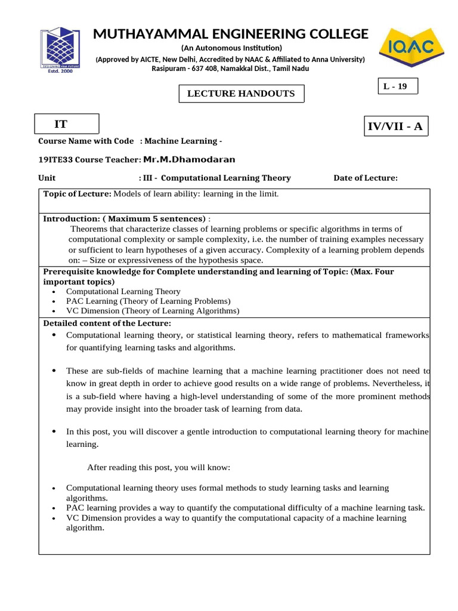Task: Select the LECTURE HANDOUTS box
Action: pos(242,94)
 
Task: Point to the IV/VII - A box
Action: pos(396,126)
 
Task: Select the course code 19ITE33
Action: pos(55,159)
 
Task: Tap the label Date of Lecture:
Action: pos(365,178)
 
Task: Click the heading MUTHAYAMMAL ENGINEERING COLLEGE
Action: pos(231,34)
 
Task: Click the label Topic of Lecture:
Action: pos(77,194)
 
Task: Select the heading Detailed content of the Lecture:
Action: pos(107,323)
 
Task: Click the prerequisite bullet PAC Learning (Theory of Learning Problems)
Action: pos(148,301)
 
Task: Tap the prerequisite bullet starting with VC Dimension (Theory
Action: pos(153,311)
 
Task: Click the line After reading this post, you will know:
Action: pos(159,467)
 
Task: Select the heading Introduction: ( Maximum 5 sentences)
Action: pos(124,219)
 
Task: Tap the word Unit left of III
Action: pos(47,178)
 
